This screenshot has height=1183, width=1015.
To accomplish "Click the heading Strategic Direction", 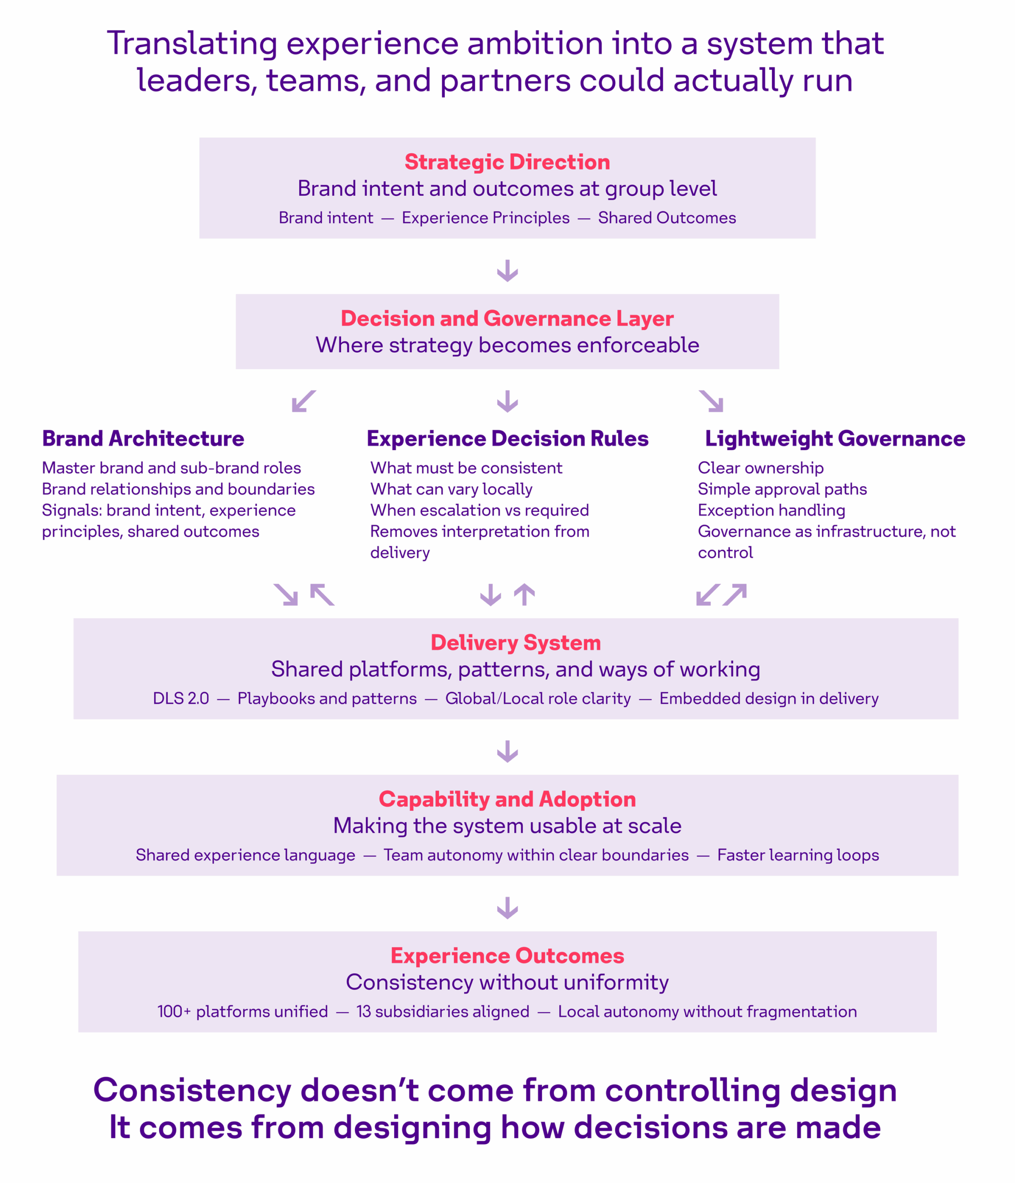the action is [507, 162].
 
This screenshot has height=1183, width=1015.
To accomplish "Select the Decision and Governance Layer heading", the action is [507, 318].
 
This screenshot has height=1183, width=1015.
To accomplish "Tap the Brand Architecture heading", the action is [143, 439].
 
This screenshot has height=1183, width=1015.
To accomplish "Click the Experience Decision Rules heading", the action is [507, 439].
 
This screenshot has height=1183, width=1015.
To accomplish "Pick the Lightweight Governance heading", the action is [835, 439].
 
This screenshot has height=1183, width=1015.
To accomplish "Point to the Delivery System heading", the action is [516, 643].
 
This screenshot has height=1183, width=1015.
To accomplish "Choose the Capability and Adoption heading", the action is [507, 799].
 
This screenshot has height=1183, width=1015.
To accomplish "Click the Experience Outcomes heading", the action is [507, 956].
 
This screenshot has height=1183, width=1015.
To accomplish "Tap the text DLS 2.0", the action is [181, 698].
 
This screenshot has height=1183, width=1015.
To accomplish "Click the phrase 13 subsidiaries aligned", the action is [443, 1011].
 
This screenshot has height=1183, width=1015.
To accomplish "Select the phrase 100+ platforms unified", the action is [243, 1011].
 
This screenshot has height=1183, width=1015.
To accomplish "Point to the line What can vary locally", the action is [451, 489].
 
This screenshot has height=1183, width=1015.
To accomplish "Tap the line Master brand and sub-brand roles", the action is [171, 468].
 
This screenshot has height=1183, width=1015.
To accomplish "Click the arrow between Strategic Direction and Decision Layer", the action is [507, 271].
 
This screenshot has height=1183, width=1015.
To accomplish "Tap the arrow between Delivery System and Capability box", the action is [507, 751].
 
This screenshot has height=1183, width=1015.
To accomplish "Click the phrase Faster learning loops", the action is [798, 855].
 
